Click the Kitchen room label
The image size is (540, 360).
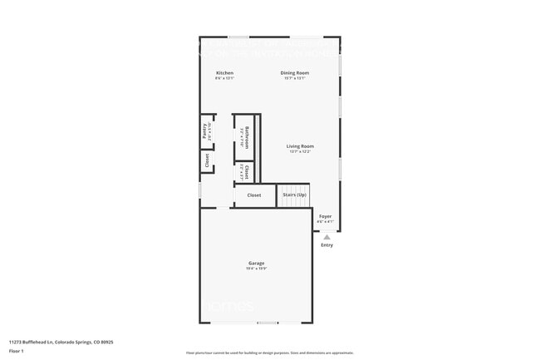(x=224, y=73)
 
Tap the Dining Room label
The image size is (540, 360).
(x=295, y=73)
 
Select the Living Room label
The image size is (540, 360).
(x=300, y=146)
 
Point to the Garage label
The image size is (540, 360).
(x=256, y=263)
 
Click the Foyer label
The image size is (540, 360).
(x=326, y=216)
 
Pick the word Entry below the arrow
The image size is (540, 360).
(x=326, y=244)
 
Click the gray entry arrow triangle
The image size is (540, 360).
(x=326, y=236)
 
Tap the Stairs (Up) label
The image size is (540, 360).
(x=294, y=195)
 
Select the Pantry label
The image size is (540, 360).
(x=204, y=131)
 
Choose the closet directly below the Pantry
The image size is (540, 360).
(x=207, y=160)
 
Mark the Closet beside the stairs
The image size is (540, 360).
(x=254, y=195)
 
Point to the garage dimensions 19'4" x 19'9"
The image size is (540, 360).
(x=256, y=269)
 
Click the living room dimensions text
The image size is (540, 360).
(x=300, y=152)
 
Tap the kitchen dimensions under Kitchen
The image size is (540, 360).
(x=224, y=79)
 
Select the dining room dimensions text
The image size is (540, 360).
(x=295, y=79)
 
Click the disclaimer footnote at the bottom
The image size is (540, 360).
(x=269, y=353)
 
